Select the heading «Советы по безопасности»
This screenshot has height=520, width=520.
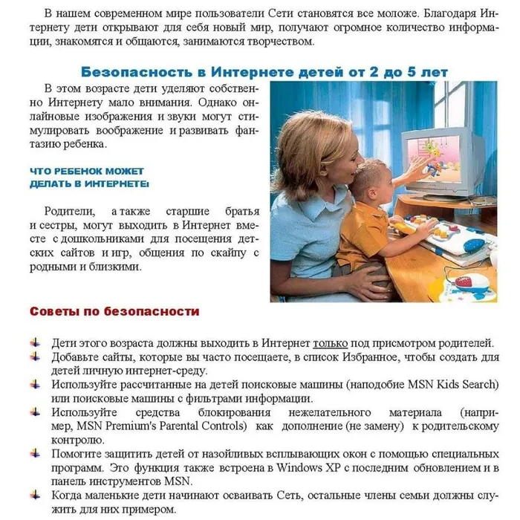point(114,311)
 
